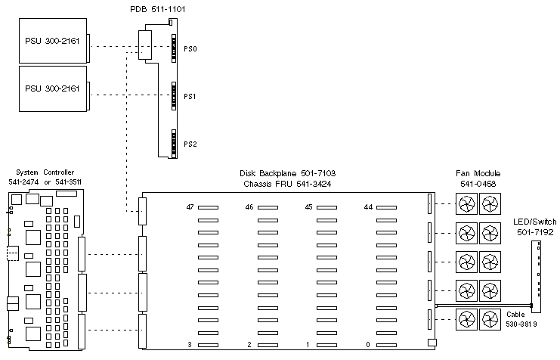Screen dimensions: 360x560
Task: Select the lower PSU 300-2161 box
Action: [x=51, y=89]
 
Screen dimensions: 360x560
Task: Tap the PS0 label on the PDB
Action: [x=190, y=48]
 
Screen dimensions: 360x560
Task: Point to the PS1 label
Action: [x=190, y=96]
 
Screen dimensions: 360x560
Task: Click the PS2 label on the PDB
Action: [x=190, y=144]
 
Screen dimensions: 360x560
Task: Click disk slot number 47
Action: [x=190, y=206]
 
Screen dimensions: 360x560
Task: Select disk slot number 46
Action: [x=249, y=206]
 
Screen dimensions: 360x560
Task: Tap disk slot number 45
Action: [x=308, y=206]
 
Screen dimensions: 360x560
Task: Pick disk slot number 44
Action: [x=368, y=206]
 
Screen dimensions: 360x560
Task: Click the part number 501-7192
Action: [x=534, y=233]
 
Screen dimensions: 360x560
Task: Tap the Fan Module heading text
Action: [x=479, y=173]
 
